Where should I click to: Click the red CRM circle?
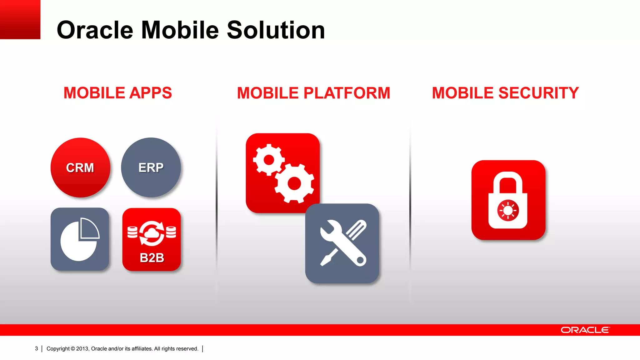click(x=80, y=167)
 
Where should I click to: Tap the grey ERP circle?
click(x=151, y=167)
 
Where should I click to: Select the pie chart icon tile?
click(x=80, y=239)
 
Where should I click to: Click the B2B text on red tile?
click(x=152, y=258)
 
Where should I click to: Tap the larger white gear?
click(x=294, y=183)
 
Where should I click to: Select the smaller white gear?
click(x=269, y=160)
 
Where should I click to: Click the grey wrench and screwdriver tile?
click(x=342, y=243)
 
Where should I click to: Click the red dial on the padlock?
click(x=508, y=211)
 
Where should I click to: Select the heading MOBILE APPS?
click(x=117, y=93)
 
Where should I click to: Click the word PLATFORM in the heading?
click(x=347, y=93)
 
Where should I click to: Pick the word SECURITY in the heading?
click(x=538, y=93)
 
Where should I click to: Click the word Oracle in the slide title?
click(x=95, y=30)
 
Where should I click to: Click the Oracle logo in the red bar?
click(x=585, y=330)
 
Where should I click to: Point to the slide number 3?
click(x=37, y=349)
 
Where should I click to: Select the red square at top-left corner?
click(x=20, y=19)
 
